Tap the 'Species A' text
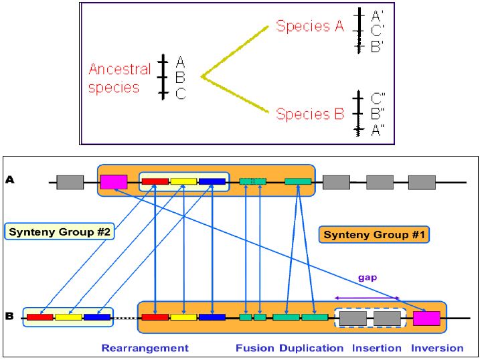coord(310,27)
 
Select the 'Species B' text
coord(310,114)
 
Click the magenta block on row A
coord(113,181)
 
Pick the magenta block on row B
coord(426,318)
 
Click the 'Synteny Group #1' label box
coord(374,234)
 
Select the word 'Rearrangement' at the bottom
coord(145,348)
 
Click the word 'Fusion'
coord(255,348)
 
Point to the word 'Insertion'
coord(378,348)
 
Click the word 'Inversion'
coord(437,348)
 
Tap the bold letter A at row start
coord(9,179)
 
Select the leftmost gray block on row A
coord(70,181)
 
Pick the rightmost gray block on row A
coord(422,182)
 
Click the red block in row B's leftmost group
coord(39,317)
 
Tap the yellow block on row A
coord(183,181)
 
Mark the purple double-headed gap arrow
coord(367,298)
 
